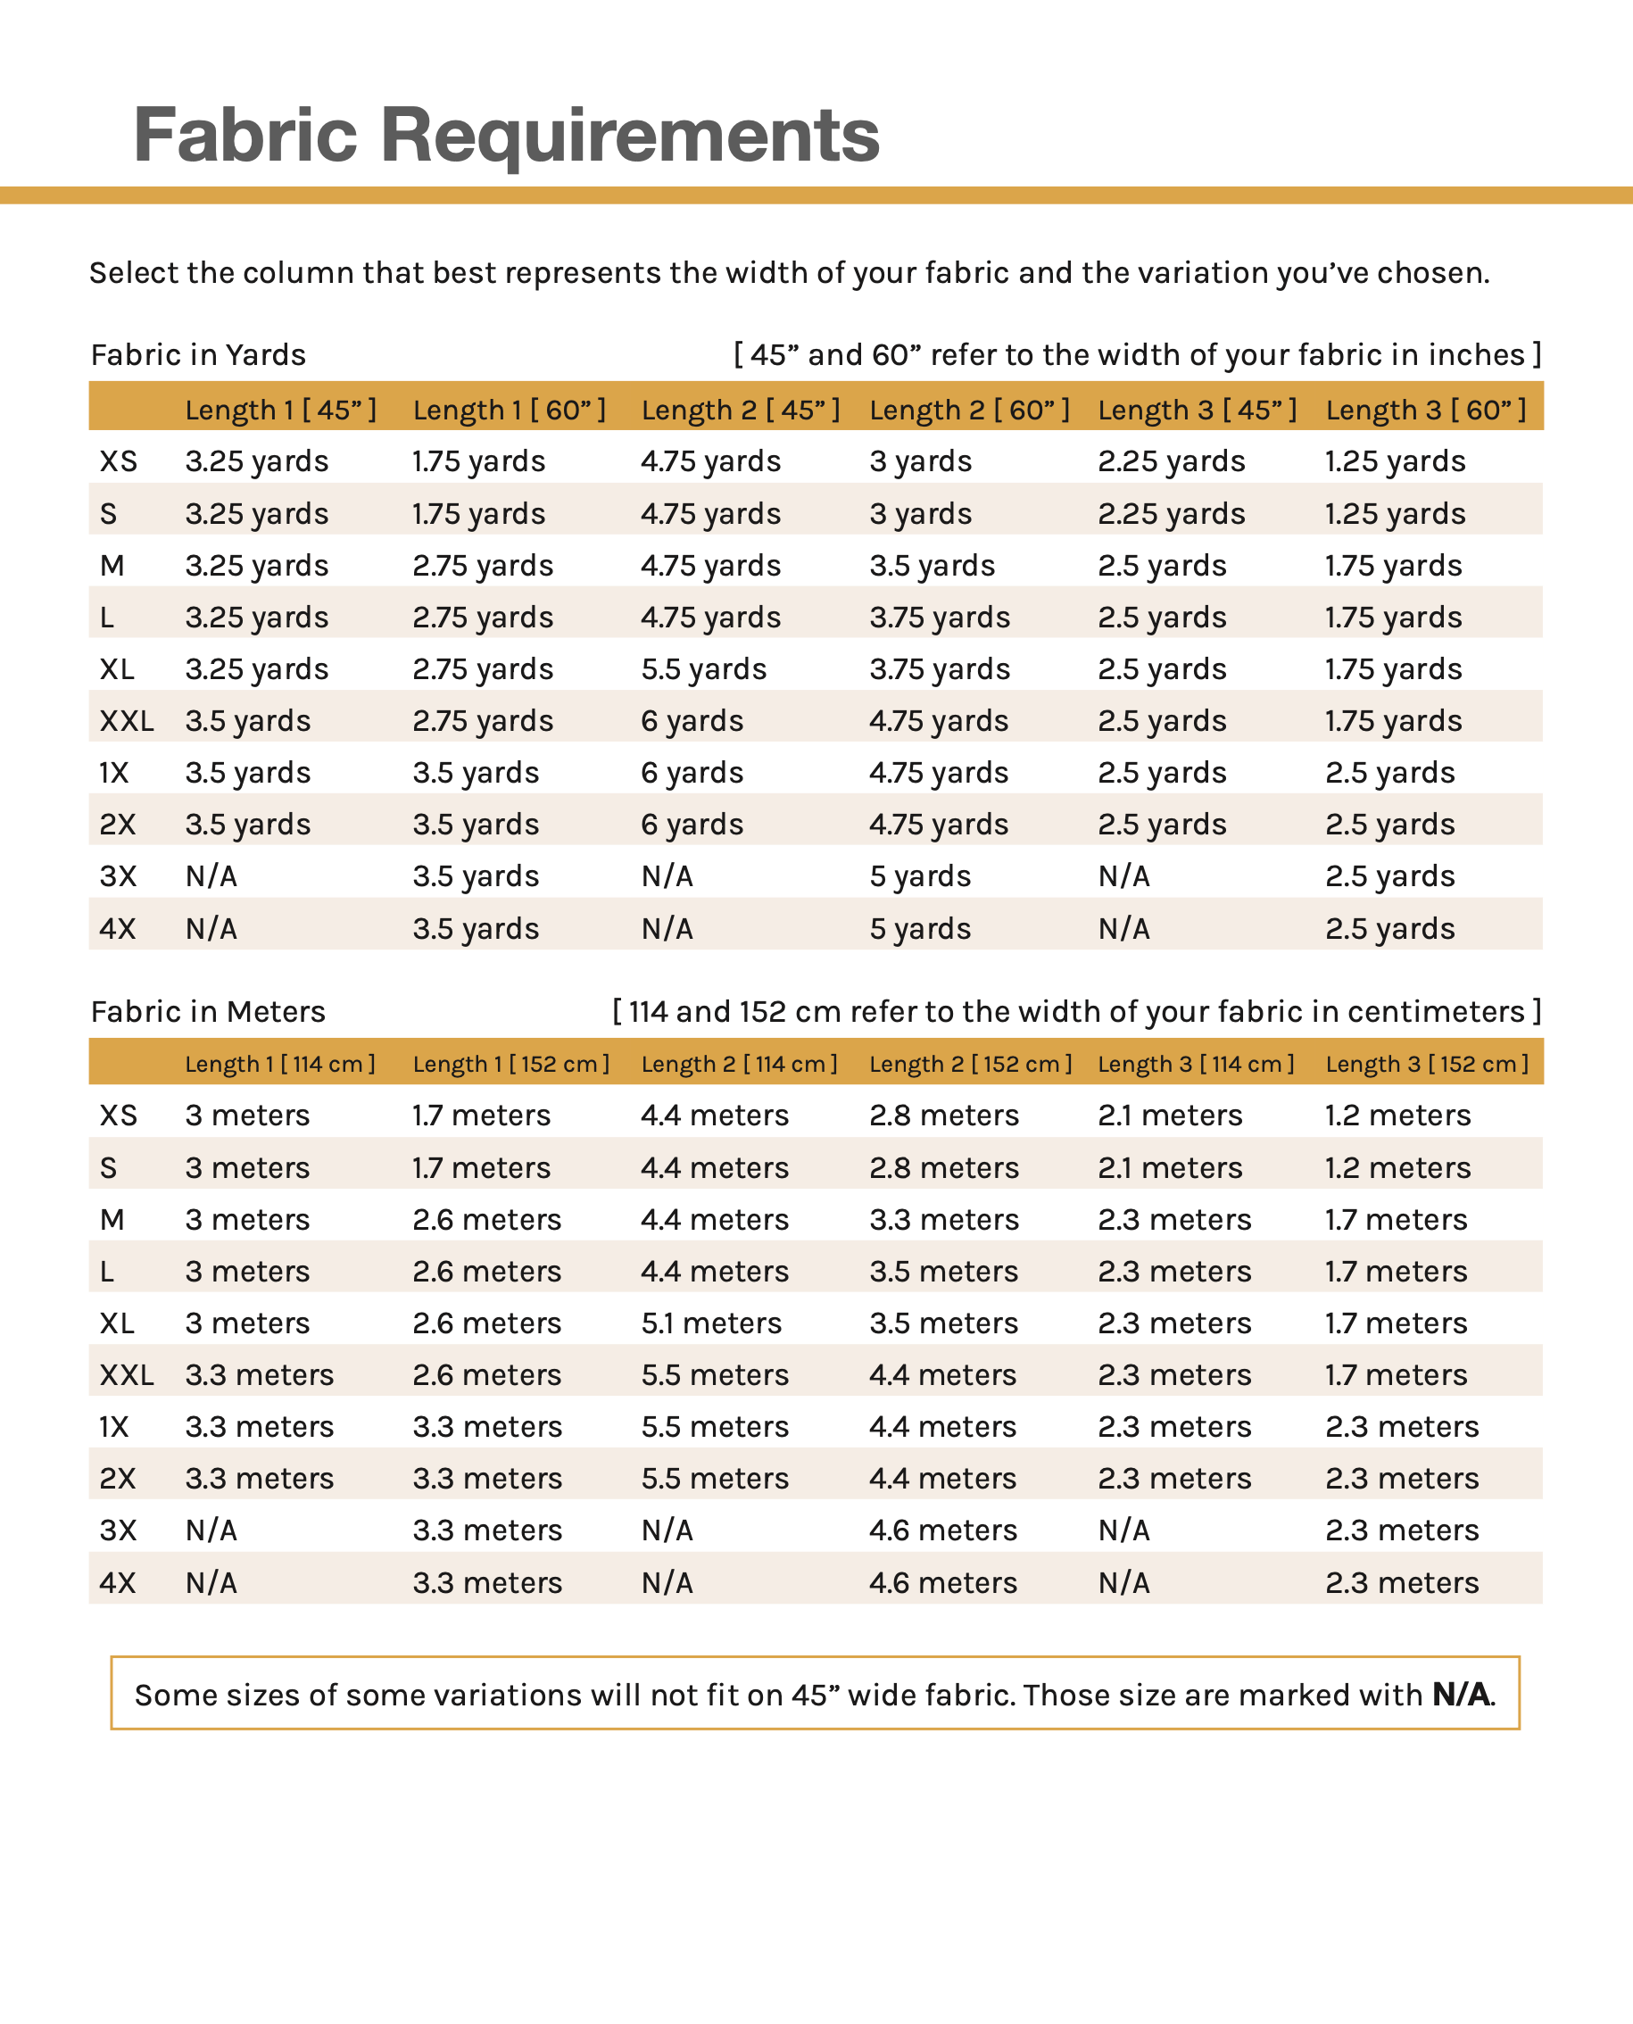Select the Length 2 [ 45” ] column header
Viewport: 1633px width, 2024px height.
pos(741,411)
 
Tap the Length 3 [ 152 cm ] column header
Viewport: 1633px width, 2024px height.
pos(1427,1064)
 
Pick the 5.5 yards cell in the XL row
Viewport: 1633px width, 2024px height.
pos(704,668)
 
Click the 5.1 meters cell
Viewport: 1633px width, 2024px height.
pos(711,1323)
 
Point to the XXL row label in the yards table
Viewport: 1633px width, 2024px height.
pos(126,720)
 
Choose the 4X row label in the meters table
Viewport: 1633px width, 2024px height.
pos(118,1582)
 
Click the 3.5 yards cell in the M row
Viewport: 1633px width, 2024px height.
pos(932,565)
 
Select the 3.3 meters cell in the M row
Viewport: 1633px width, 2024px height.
pos(943,1219)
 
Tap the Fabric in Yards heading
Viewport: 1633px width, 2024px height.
pos(198,354)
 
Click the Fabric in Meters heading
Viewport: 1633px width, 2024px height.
pos(208,1011)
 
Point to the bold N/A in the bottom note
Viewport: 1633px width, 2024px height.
pos(1461,1694)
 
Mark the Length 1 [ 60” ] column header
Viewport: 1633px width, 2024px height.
pos(509,411)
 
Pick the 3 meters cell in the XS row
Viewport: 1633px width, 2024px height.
pos(247,1115)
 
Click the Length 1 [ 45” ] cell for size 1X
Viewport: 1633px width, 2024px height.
pos(247,772)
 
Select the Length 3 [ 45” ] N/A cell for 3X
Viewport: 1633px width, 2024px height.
pos(1123,875)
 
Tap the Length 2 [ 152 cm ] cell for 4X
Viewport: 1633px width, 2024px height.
pos(942,1582)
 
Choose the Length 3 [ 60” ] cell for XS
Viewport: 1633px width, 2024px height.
pos(1395,460)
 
